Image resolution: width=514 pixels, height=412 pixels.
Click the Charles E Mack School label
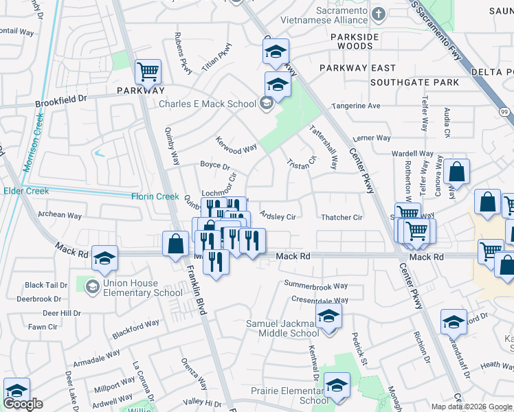pos(207,104)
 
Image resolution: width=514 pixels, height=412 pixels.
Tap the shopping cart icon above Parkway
pos(148,71)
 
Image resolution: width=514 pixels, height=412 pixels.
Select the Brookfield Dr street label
pos(62,99)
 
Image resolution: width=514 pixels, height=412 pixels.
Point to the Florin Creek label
pos(155,196)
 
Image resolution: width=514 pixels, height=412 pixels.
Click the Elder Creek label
pos(26,191)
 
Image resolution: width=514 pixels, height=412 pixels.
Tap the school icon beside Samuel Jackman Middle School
pos(328,317)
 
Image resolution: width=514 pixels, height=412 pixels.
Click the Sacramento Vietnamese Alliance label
pos(343,16)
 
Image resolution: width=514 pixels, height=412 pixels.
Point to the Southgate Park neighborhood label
pos(414,82)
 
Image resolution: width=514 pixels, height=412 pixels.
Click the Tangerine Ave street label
pos(356,106)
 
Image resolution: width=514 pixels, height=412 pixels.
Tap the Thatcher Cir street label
pos(342,218)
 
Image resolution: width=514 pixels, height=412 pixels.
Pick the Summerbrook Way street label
pos(316,286)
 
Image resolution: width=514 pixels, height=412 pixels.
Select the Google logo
pos(23,404)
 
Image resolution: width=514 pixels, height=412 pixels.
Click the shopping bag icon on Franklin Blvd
pos(176,244)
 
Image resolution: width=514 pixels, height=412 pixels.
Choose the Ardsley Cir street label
pos(278,217)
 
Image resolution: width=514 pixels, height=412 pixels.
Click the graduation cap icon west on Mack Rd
pos(104,258)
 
